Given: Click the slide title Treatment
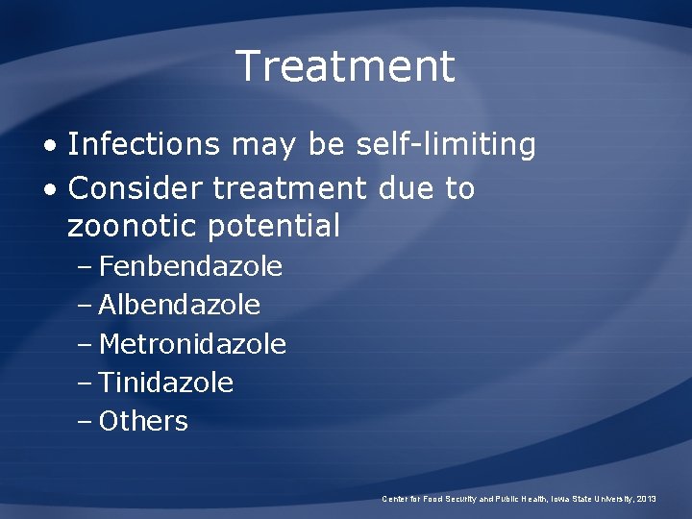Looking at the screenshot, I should pyautogui.click(x=345, y=66).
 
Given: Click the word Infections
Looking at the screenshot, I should pyautogui.click(x=144, y=145).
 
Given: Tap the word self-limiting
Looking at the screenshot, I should pyautogui.click(x=446, y=145).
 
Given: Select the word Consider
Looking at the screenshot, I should pyautogui.click(x=136, y=188).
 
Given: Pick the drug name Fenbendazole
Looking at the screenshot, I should pyautogui.click(x=190, y=266).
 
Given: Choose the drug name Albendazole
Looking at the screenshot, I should pyautogui.click(x=180, y=306).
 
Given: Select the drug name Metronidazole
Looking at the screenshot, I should pyautogui.click(x=192, y=344).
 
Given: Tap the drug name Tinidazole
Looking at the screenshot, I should pyautogui.click(x=166, y=383).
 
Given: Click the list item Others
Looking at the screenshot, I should pyautogui.click(x=143, y=421).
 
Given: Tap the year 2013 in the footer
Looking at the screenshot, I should pyautogui.click(x=647, y=499).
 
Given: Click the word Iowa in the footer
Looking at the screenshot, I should pyautogui.click(x=558, y=499).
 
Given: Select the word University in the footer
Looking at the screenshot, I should pyautogui.click(x=609, y=499).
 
